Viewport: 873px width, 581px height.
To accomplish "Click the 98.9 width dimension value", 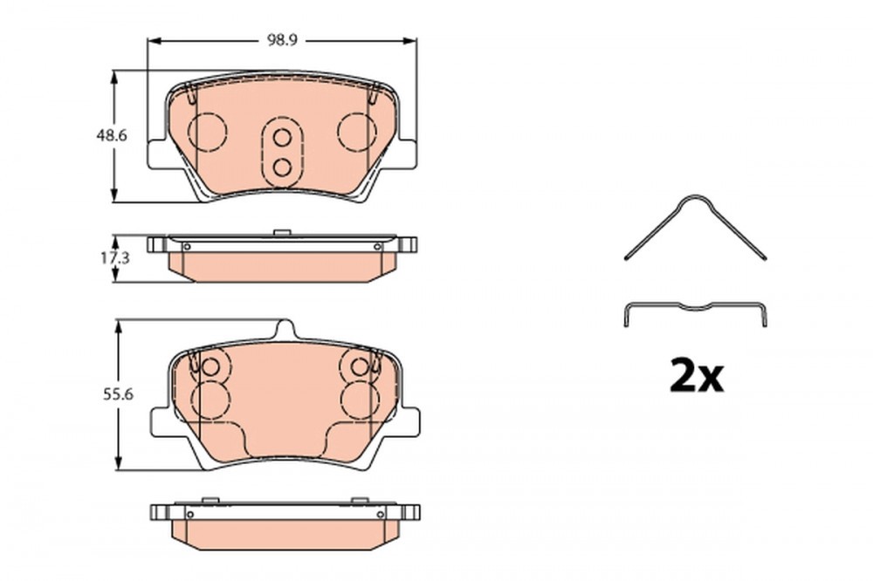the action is coord(282,41).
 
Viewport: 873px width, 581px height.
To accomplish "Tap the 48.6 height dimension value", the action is coord(112,134).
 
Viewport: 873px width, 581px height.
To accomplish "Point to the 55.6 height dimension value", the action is coord(118,394).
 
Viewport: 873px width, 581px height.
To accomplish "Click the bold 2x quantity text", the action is coord(697,376).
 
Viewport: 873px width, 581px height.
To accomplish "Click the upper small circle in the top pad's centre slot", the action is coord(283,138).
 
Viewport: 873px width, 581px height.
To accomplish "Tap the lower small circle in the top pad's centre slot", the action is coord(283,167).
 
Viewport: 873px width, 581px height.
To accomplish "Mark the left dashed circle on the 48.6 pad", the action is coord(209,113).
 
